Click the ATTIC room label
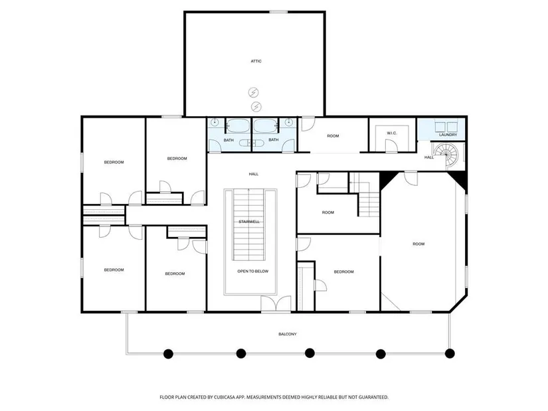point(256,61)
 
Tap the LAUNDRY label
point(448,135)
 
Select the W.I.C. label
point(392,133)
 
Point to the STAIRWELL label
point(249,222)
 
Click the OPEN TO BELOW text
point(252,271)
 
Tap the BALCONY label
point(287,334)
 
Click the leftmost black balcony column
point(169,354)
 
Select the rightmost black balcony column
point(450,353)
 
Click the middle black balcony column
point(310,353)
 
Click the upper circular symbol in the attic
point(253,92)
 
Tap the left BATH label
point(228,140)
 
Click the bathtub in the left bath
point(238,125)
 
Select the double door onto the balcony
point(276,303)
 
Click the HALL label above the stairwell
point(254,174)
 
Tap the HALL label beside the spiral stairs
point(429,157)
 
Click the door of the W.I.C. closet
point(391,145)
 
